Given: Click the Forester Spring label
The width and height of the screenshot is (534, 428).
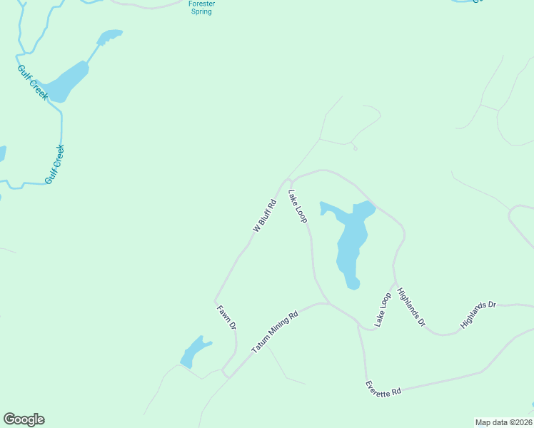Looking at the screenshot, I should (x=201, y=8).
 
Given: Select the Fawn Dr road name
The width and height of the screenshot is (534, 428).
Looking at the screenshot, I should (x=226, y=317).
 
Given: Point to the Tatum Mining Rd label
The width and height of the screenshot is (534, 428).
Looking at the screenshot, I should (x=273, y=332).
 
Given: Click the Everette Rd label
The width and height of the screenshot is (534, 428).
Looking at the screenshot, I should (x=383, y=388).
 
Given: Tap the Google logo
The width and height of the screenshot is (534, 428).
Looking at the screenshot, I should (x=24, y=419).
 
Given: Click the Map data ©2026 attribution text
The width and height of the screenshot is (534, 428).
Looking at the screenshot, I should (x=503, y=422).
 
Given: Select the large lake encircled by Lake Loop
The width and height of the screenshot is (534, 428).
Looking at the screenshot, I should (x=351, y=243).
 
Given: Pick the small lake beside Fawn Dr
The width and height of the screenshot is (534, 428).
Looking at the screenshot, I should (x=194, y=352).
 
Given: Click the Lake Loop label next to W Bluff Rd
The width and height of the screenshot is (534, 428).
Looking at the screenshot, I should (x=298, y=206).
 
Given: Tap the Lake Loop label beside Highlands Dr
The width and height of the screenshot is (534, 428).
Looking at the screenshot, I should (x=383, y=310).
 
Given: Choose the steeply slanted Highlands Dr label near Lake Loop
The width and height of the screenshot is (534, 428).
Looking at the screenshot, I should (x=411, y=307).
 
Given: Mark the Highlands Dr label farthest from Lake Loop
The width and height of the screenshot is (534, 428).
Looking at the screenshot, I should (x=478, y=315).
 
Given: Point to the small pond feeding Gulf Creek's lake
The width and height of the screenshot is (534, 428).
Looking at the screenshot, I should (x=109, y=36).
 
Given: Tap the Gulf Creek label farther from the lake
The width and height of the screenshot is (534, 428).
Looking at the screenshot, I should (x=55, y=165).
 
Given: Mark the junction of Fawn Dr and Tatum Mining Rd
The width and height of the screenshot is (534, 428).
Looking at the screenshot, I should (x=226, y=372).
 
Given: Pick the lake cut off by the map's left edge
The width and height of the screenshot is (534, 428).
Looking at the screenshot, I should (x=2, y=154).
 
